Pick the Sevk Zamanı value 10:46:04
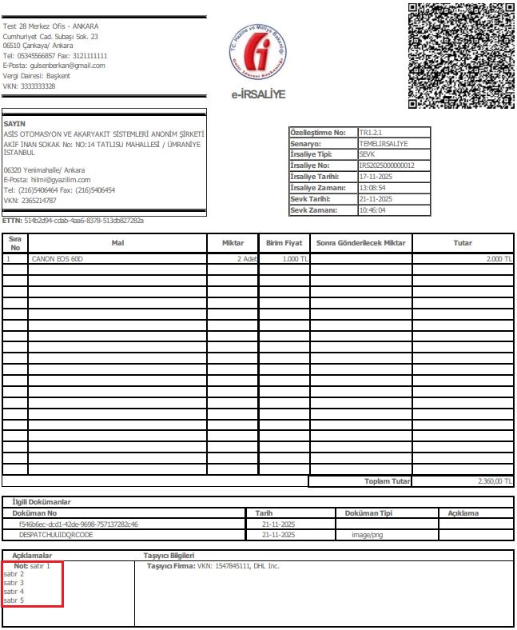[372, 210]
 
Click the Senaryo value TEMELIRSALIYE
[384, 144]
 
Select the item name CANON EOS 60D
[58, 260]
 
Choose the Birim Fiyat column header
[283, 243]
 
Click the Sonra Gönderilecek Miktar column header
[361, 243]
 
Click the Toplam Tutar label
[388, 481]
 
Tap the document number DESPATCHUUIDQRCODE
[62, 534]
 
